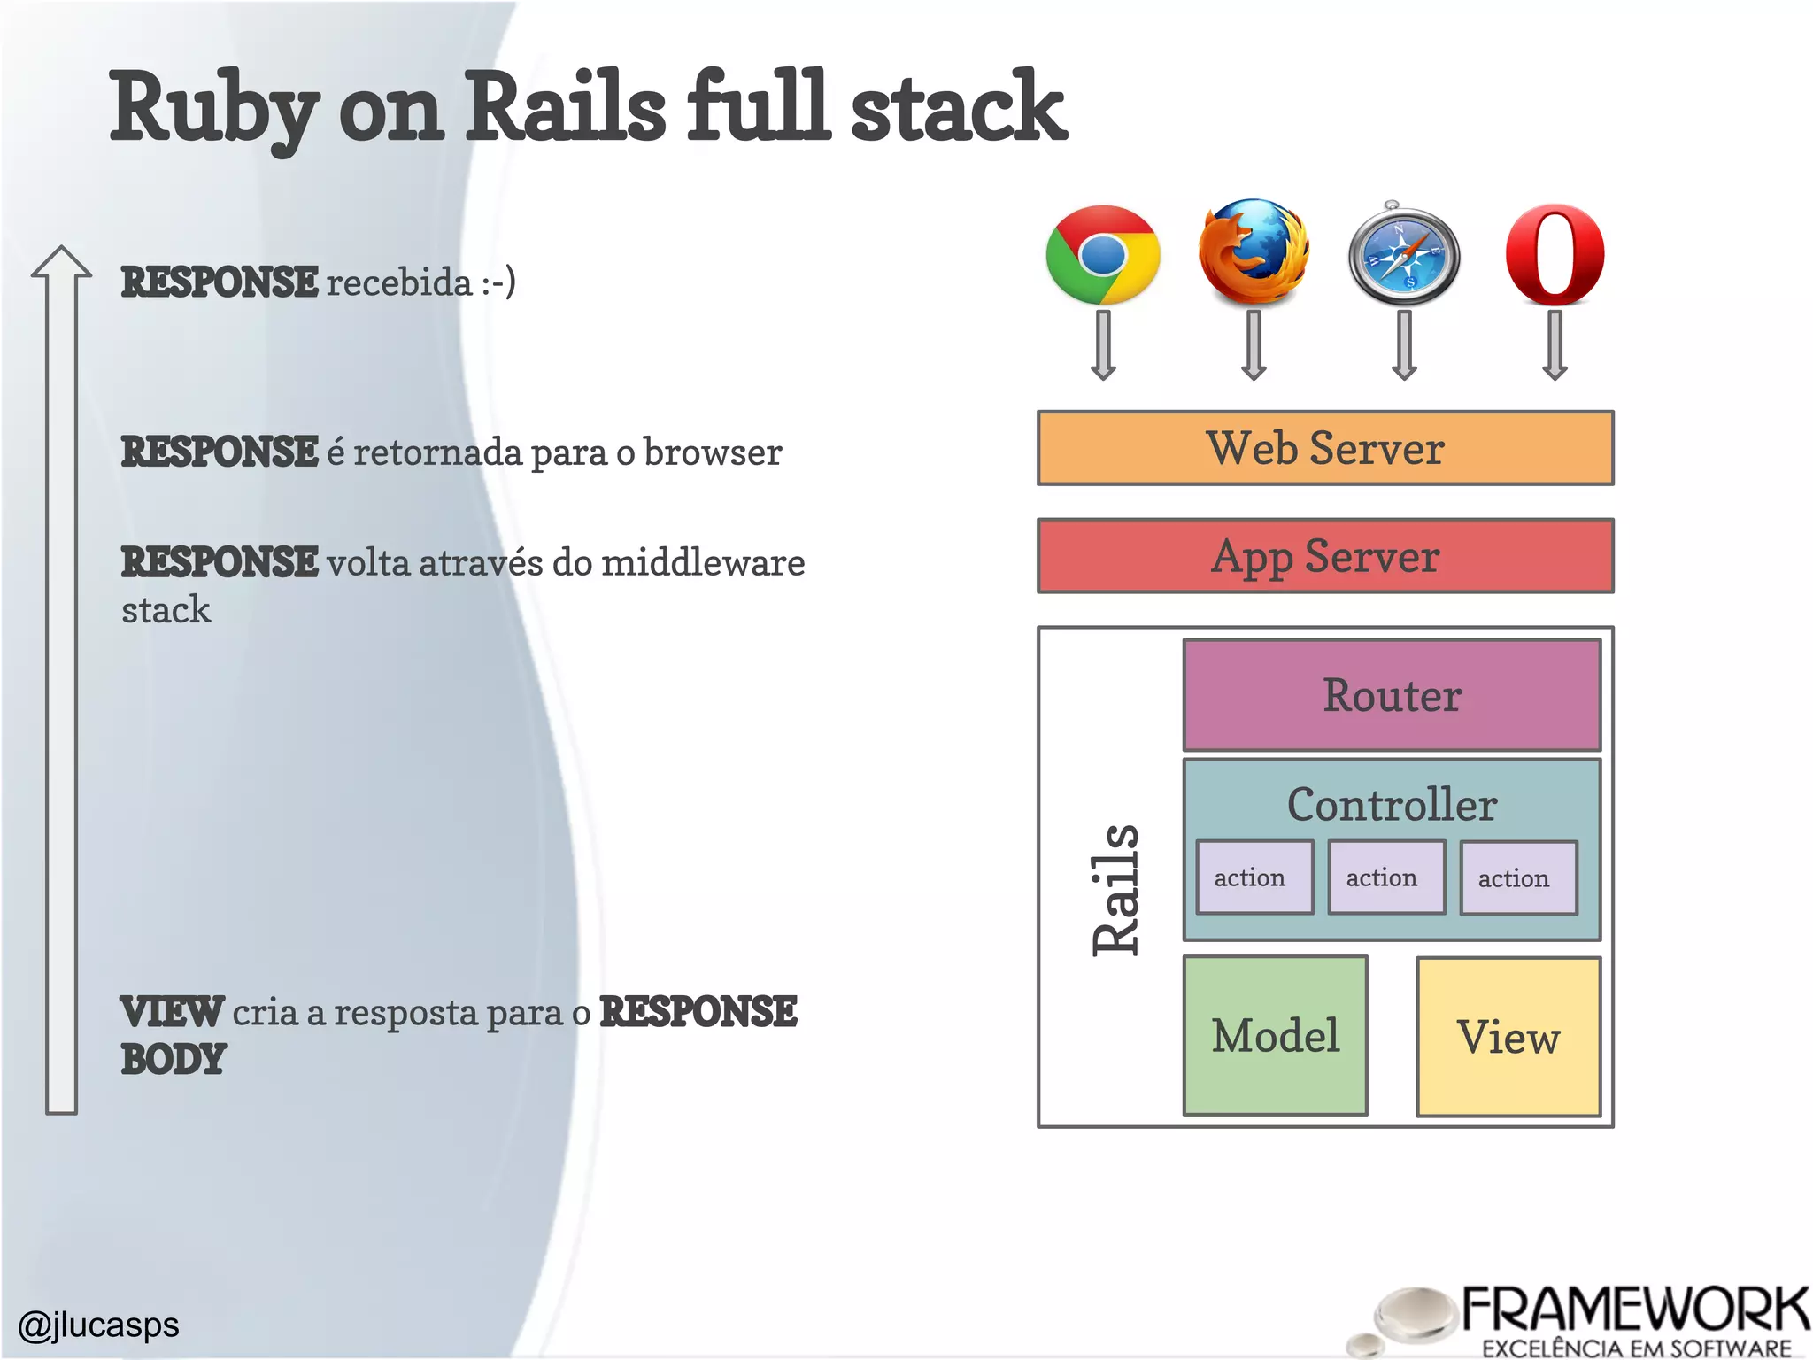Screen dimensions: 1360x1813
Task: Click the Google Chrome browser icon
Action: click(1102, 255)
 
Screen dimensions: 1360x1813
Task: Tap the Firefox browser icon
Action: click(1254, 252)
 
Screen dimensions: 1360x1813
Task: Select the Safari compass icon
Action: click(1404, 256)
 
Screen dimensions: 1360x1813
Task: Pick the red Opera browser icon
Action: click(1555, 255)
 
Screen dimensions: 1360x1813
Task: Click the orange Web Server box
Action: click(1324, 448)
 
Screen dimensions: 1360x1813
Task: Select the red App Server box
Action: click(1324, 556)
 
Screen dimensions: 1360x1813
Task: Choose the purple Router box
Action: click(1392, 695)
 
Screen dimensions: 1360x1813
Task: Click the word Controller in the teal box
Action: click(1392, 804)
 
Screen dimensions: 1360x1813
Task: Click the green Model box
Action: click(1275, 1036)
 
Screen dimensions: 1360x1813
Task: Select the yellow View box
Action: click(1508, 1037)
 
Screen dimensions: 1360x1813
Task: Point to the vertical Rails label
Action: click(1115, 890)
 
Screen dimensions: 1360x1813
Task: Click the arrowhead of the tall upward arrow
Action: click(61, 263)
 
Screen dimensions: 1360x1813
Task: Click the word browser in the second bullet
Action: click(712, 452)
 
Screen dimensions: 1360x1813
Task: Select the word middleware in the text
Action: click(703, 563)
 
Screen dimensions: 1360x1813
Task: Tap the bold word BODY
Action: click(174, 1060)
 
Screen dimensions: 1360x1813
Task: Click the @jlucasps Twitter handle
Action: click(98, 1325)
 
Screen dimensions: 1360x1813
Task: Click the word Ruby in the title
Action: click(212, 108)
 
